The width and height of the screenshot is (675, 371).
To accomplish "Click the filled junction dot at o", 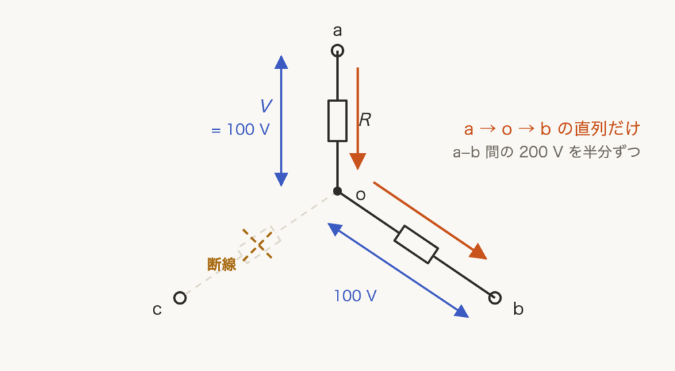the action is (x=337, y=191).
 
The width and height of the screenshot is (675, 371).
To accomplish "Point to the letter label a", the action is (x=337, y=31).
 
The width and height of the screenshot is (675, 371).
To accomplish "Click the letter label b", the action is (x=518, y=308).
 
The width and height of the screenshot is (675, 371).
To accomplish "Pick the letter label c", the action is (x=157, y=310).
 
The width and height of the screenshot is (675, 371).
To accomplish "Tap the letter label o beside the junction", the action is (x=361, y=195).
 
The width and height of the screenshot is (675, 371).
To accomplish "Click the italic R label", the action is (x=365, y=120).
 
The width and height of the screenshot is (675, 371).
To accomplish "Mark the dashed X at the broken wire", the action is (x=258, y=244).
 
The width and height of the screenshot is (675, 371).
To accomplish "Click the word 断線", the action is (x=221, y=264).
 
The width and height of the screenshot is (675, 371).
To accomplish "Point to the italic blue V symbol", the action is (x=266, y=106).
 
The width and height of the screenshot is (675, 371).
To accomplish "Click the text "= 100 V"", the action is (x=241, y=130).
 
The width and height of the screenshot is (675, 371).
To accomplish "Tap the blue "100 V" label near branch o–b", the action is (x=355, y=296).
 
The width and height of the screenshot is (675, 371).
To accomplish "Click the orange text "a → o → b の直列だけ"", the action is (x=552, y=128).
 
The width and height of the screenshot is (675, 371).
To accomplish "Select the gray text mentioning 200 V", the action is (x=546, y=152).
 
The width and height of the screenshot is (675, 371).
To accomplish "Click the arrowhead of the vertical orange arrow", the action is (x=358, y=161).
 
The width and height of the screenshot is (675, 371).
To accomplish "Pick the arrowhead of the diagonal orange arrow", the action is (x=479, y=252).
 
